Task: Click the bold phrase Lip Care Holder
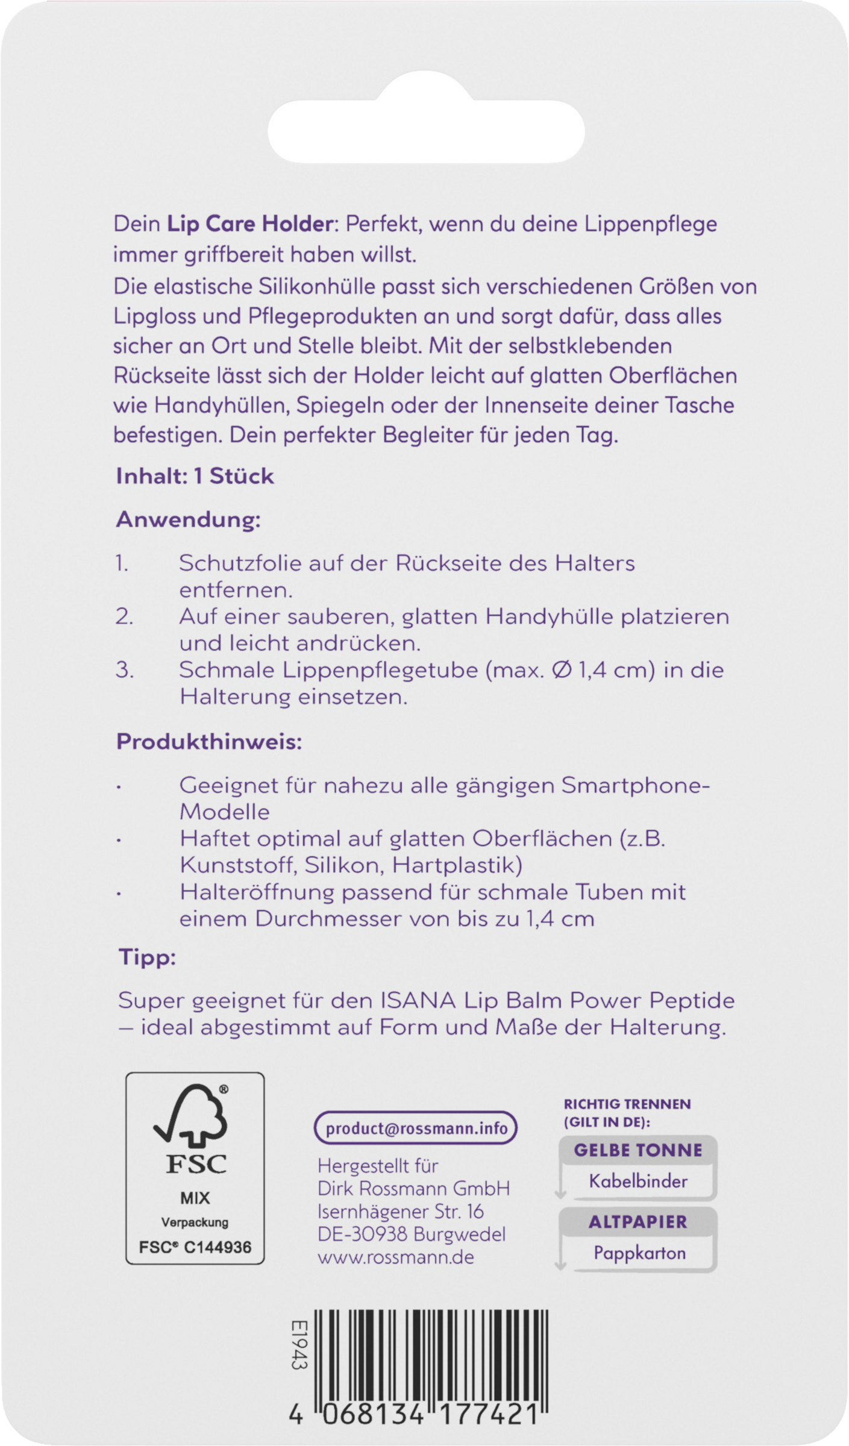pyautogui.click(x=249, y=224)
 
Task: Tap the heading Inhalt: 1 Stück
pyautogui.click(x=195, y=477)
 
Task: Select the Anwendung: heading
pyautogui.click(x=188, y=519)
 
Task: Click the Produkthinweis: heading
pyautogui.click(x=209, y=742)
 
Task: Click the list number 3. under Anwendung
pyautogui.click(x=124, y=670)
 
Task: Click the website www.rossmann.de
pyautogui.click(x=396, y=1257)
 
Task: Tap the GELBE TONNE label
pyautogui.click(x=638, y=1150)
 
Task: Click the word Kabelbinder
pyautogui.click(x=638, y=1181)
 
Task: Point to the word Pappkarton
pyautogui.click(x=639, y=1253)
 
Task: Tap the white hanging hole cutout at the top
pyautogui.click(x=426, y=132)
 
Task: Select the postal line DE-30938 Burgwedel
pyautogui.click(x=412, y=1234)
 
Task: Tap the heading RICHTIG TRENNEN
pyautogui.click(x=627, y=1104)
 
